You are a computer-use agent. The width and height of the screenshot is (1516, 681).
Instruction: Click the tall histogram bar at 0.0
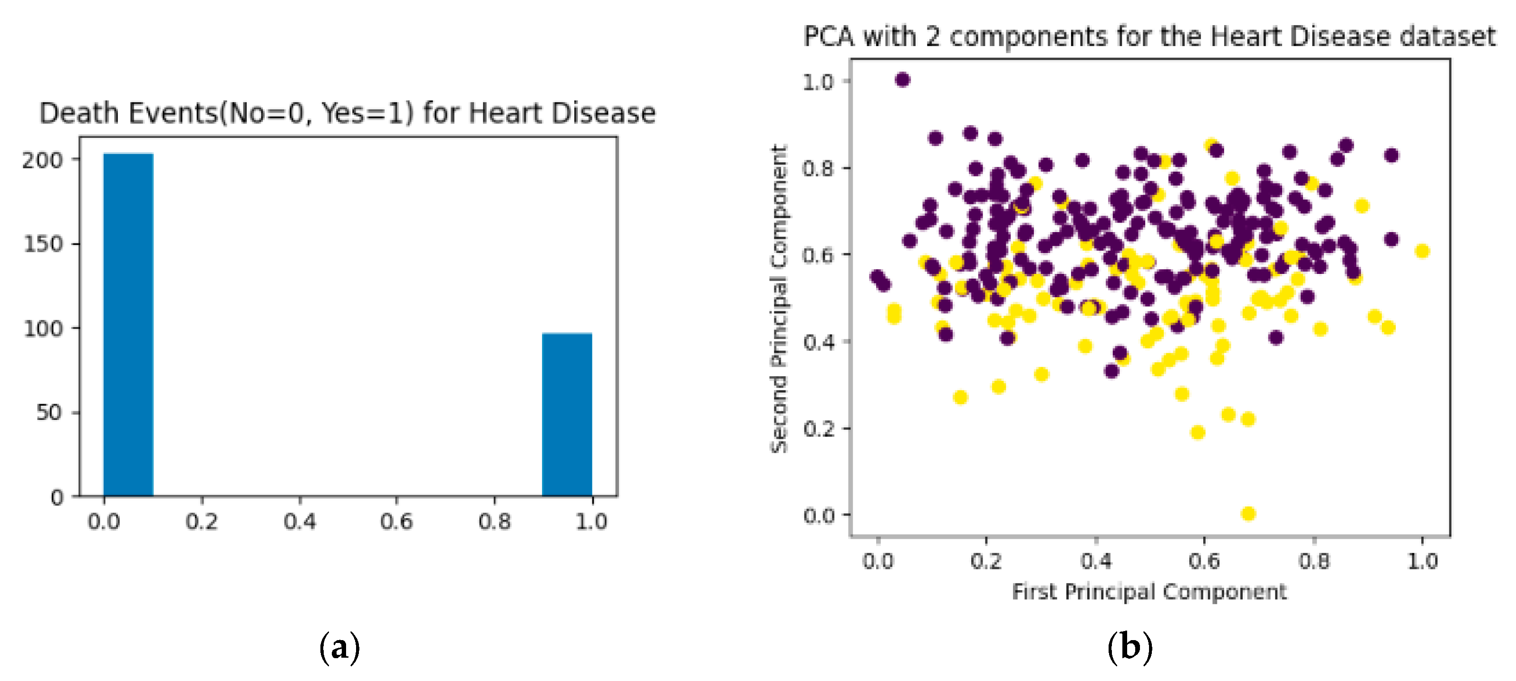(x=128, y=324)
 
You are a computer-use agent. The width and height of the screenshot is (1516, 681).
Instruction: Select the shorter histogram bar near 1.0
(x=567, y=415)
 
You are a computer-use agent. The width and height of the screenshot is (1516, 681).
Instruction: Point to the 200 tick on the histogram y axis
(x=42, y=160)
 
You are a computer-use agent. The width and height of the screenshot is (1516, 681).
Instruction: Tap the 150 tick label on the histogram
(x=42, y=244)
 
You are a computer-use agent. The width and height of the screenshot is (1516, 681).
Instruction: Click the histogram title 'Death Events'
(x=347, y=113)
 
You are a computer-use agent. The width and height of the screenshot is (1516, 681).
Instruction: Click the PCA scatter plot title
(x=1149, y=37)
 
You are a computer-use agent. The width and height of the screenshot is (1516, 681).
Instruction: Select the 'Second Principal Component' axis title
(x=779, y=299)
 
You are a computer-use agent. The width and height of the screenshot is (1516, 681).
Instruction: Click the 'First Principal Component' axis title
(x=1149, y=592)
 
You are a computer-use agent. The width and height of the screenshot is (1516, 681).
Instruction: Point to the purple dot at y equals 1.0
(x=902, y=79)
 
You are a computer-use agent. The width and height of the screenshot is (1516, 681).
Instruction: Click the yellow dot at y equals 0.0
(x=1248, y=514)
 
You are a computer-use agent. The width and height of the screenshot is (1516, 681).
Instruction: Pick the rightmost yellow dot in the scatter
(x=1422, y=251)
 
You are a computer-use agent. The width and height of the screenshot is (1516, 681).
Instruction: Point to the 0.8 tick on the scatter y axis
(x=819, y=169)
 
